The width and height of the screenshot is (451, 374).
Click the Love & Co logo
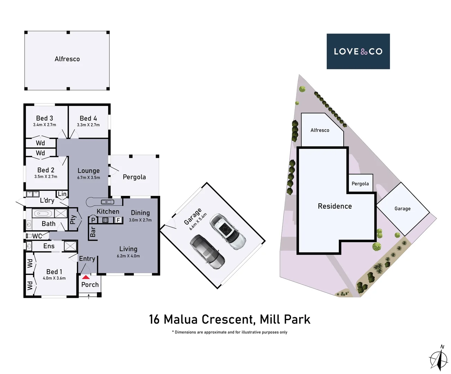(358, 51)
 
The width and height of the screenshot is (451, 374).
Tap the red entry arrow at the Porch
(86, 277)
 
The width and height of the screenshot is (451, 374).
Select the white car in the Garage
(227, 231)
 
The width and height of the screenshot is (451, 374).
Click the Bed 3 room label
(45, 118)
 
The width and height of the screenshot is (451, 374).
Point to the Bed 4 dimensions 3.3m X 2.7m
(88, 125)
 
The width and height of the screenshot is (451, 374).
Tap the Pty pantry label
(73, 220)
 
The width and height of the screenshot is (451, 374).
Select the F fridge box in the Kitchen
(118, 220)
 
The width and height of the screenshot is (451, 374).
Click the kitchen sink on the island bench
(107, 202)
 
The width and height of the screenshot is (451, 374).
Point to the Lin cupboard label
(62, 194)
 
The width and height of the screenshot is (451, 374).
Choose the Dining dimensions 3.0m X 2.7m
(140, 220)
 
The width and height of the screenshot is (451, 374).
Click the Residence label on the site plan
(335, 206)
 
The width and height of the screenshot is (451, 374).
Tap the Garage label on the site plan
(403, 208)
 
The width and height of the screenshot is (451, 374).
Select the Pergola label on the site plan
(360, 184)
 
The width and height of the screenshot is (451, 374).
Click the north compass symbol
(439, 358)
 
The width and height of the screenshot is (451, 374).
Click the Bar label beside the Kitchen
(93, 232)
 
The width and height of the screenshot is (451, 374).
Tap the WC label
(37, 236)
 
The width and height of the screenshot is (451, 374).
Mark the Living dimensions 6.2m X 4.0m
(128, 256)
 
